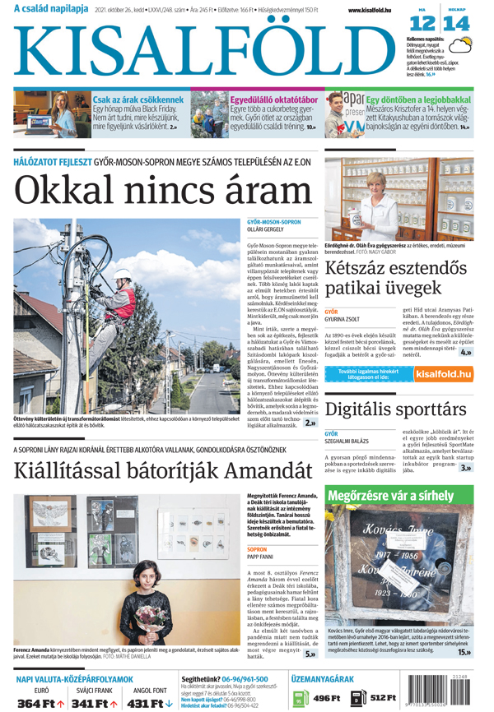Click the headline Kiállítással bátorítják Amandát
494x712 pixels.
point(163,471)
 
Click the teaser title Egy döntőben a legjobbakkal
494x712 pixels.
point(418,98)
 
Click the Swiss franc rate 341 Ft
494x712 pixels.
point(95,704)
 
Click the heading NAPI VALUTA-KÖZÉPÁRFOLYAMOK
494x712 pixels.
point(74,680)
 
